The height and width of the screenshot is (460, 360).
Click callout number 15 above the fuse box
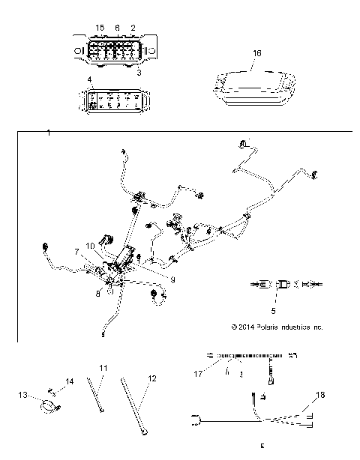point(100,28)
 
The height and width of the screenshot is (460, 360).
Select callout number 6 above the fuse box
point(117,28)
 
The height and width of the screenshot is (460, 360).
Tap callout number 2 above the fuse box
point(133,28)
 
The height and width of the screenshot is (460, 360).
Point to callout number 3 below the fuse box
point(139,73)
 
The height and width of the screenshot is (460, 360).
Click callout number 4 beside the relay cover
point(90,79)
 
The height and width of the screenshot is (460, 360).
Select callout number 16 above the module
point(257,54)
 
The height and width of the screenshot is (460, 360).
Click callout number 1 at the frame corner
point(49,133)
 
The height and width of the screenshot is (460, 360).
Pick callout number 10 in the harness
point(90,246)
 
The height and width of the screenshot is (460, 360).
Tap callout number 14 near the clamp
point(70,382)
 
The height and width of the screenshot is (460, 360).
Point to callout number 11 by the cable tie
point(103,368)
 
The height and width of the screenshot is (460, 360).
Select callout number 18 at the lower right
point(319,394)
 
